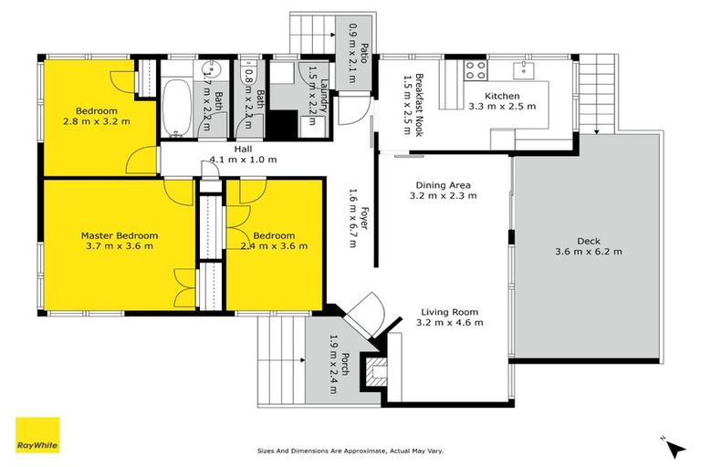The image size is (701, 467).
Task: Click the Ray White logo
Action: click(37, 435)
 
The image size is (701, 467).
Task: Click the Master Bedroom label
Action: click(119, 234)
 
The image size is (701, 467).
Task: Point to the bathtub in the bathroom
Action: click(177, 108)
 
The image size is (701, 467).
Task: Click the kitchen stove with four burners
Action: click(475, 70)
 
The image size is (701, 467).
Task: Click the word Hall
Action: click(243, 149)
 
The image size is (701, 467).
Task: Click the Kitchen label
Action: click(501, 96)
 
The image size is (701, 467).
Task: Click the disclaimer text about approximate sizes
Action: click(350, 451)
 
